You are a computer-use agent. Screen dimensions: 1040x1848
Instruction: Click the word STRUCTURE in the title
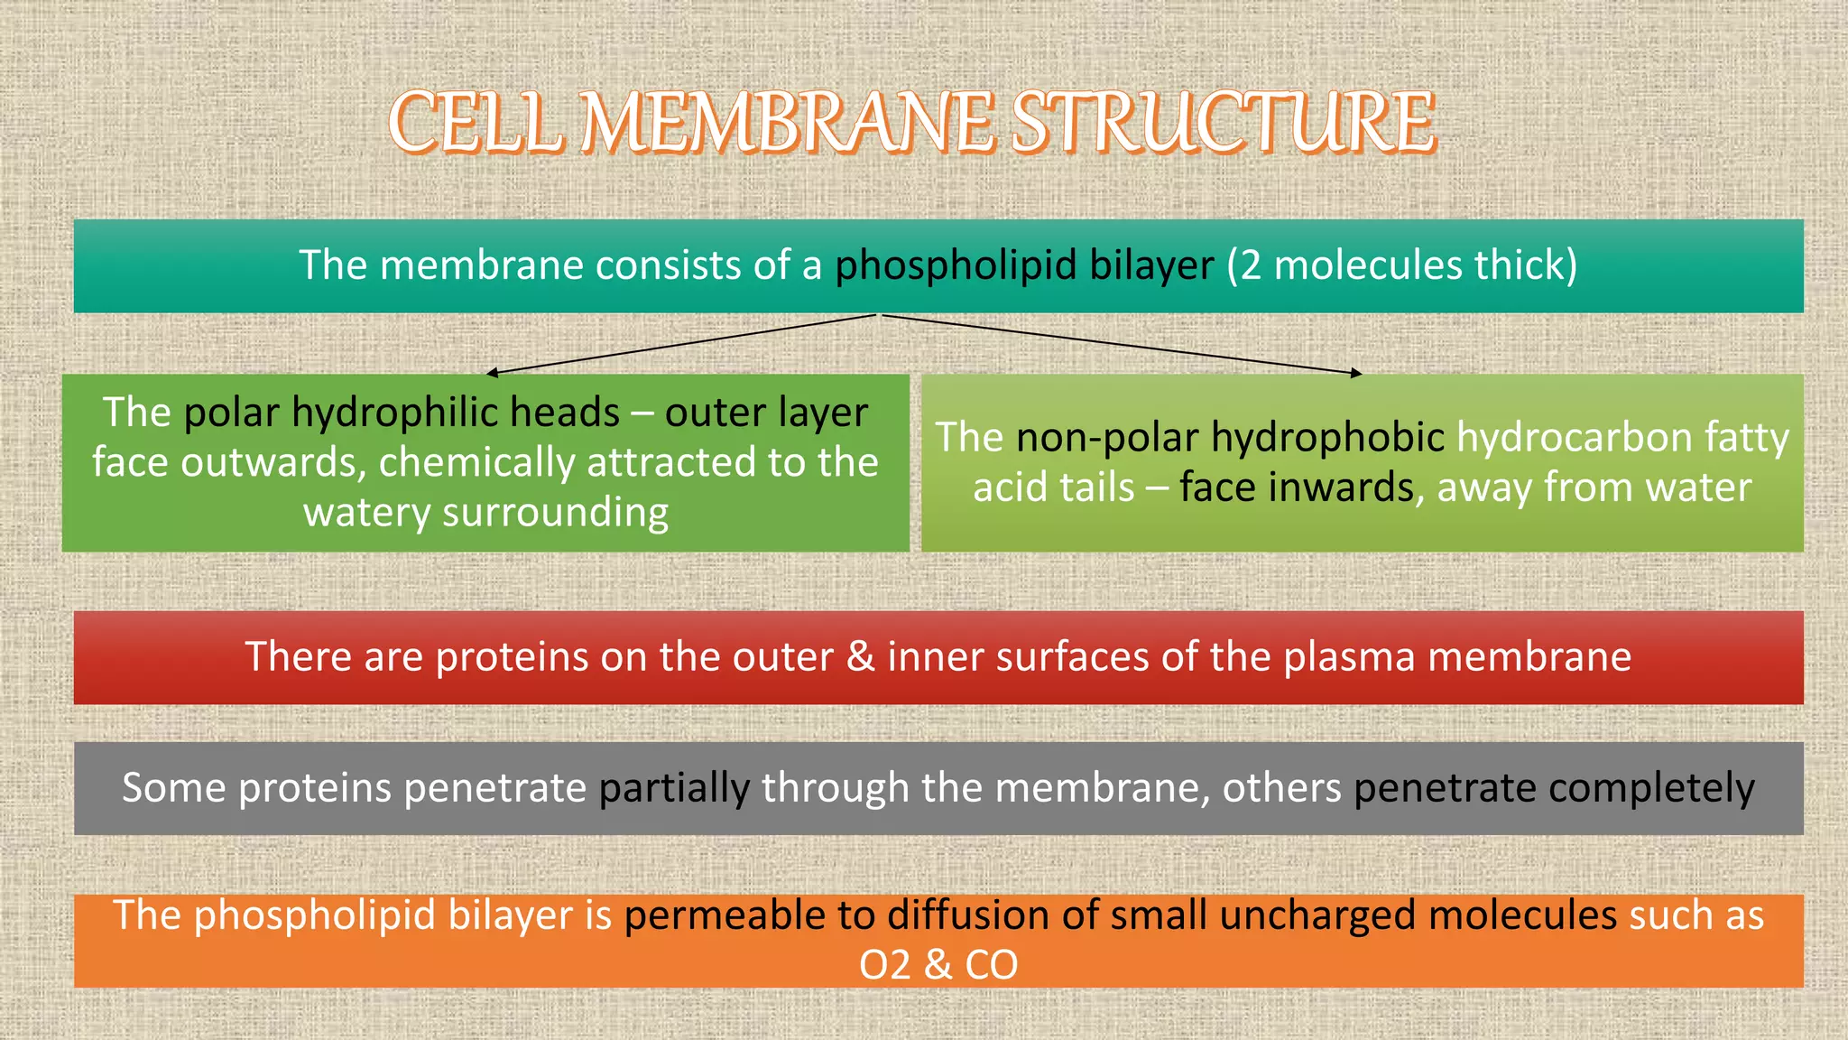1223,123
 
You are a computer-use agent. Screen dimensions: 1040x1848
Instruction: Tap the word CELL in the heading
476,123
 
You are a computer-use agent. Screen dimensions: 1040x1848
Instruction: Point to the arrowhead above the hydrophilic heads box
491,372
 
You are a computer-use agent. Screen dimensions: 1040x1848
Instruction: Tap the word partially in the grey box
674,788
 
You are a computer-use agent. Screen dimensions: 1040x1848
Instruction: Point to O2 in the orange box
884,965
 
